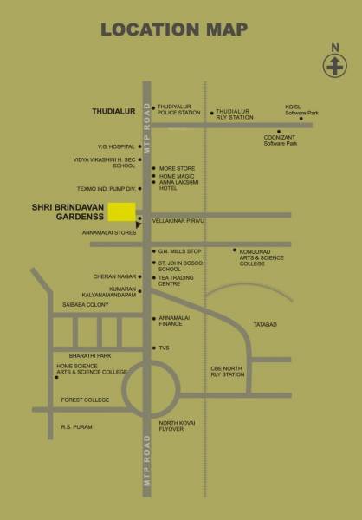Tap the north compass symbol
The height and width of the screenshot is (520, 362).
pos(333,66)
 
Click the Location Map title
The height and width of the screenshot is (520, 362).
pos(180,29)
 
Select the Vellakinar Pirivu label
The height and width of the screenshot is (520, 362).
pos(177,221)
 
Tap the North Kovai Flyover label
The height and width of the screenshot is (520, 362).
pos(180,426)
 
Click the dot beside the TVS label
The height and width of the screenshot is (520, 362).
pos(153,348)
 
